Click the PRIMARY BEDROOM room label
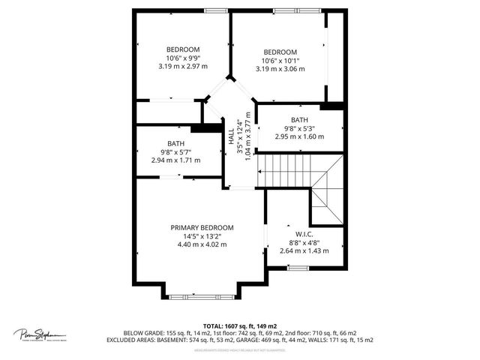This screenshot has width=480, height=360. (x=202, y=227)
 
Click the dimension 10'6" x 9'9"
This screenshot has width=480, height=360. (x=183, y=58)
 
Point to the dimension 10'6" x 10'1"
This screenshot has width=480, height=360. (x=280, y=61)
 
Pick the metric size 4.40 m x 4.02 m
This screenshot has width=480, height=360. (x=202, y=244)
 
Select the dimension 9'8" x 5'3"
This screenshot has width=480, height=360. (x=299, y=128)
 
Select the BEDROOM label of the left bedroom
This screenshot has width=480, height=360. (x=183, y=49)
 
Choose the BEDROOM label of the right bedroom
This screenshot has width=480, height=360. (x=280, y=52)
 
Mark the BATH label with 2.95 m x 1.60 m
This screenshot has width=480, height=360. (x=299, y=120)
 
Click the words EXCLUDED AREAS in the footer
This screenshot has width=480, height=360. (x=150, y=340)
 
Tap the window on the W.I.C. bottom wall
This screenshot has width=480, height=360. (x=298, y=268)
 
